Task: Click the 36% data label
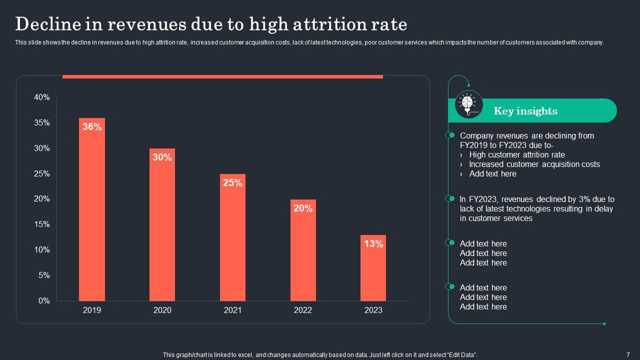(92, 127)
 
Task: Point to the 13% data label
(373, 244)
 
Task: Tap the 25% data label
(232, 183)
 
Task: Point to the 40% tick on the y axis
(42, 97)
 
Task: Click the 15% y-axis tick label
(42, 224)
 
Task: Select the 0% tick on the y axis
(44, 300)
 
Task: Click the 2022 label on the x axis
(303, 310)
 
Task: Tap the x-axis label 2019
(92, 310)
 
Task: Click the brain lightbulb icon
(468, 104)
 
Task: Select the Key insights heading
(525, 111)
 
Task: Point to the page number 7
(627, 354)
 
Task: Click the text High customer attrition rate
(516, 155)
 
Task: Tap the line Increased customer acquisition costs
(534, 164)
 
